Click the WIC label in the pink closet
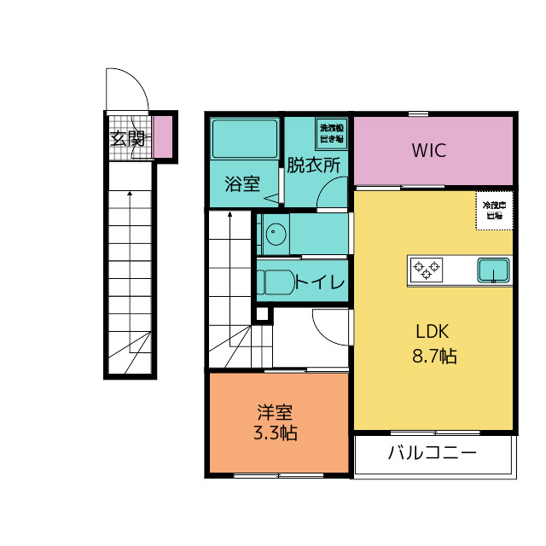429,151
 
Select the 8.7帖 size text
434,357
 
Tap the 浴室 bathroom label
242,184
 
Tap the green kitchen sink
493,270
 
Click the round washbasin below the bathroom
275,235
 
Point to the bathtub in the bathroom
244,140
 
